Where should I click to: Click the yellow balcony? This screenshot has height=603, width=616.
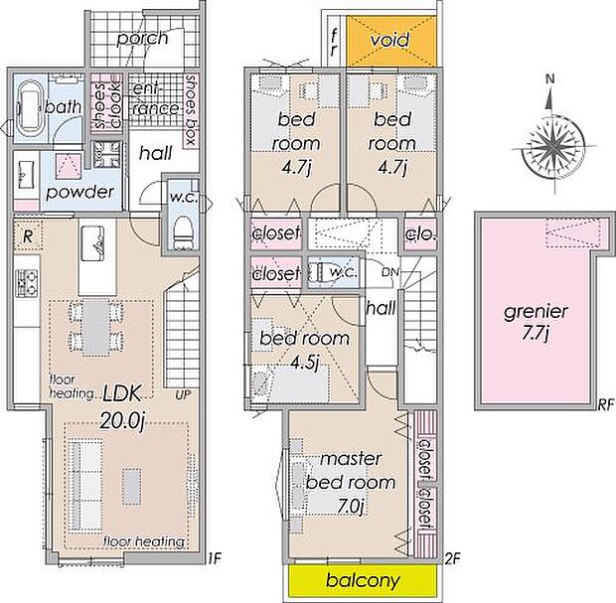363,579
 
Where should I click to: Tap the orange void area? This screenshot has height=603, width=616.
390,41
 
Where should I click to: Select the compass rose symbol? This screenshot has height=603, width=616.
554,145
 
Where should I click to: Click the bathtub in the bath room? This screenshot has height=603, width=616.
30,107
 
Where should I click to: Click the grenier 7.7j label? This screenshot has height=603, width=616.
536,322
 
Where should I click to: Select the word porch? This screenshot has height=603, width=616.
143,39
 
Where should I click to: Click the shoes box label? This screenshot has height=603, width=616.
190,110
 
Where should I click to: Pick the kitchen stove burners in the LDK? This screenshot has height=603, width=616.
26,283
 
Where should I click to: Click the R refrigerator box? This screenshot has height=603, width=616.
28,236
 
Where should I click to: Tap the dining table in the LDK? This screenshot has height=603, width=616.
95,327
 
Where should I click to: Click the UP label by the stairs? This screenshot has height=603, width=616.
183,394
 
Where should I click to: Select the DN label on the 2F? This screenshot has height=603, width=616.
390,272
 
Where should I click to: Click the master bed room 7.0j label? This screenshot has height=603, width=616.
351,482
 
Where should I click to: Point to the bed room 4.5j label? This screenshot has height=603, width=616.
304,351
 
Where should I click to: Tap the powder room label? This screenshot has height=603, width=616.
80,193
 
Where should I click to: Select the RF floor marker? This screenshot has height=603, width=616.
605,405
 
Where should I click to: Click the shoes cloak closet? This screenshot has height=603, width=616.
107,101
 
